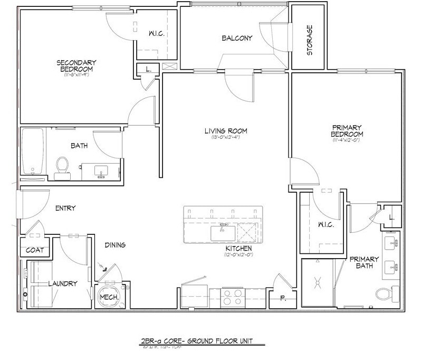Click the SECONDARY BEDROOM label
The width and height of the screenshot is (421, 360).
75,66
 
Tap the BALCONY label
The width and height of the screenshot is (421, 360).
236,38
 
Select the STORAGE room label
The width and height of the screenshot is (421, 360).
310,40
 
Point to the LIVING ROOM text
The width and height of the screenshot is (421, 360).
226,131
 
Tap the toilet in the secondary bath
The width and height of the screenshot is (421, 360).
62,165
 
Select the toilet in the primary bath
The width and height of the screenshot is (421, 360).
384,293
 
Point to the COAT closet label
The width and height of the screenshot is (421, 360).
35,250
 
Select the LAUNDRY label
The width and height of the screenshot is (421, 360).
62,283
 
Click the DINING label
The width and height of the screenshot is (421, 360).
114,245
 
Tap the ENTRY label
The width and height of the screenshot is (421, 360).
65,208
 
